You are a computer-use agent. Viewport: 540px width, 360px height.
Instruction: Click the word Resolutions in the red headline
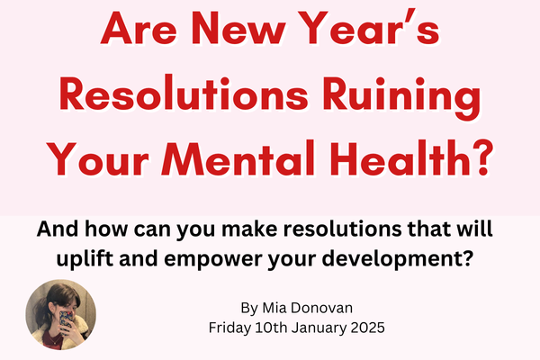pos(184,94)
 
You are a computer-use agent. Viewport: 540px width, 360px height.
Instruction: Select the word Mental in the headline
pos(238,158)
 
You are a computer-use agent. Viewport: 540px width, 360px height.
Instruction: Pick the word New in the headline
pos(238,28)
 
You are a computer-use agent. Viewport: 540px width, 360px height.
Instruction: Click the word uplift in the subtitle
pos(85,258)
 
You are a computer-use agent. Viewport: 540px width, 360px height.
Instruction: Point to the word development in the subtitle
pos(392,258)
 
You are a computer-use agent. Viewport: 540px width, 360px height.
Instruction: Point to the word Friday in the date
pos(229,328)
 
